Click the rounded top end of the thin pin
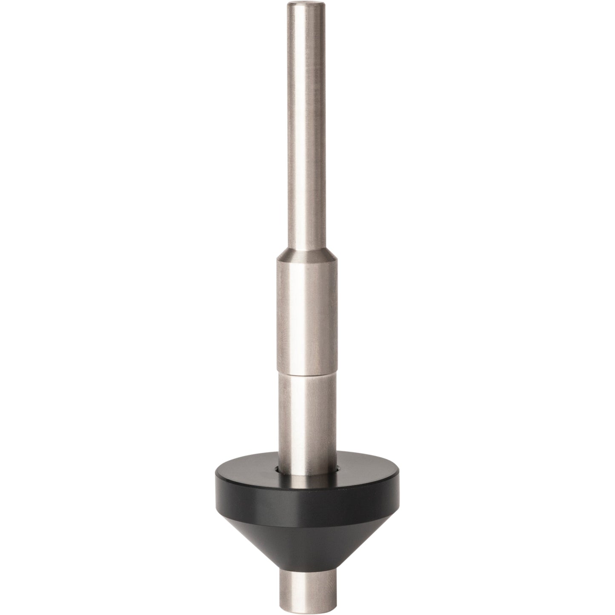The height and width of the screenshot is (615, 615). click(306, 5)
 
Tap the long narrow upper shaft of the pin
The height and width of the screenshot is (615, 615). click(306, 128)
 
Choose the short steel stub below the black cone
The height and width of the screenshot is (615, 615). click(306, 589)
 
